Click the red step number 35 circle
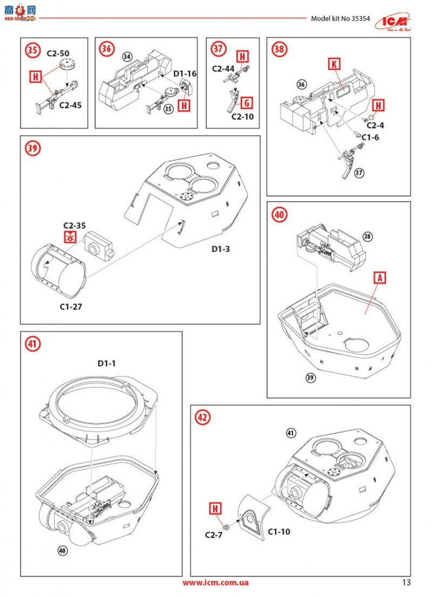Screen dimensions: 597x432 click(x=33, y=50)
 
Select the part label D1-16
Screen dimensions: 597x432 click(x=185, y=73)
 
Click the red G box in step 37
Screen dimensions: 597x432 click(x=246, y=103)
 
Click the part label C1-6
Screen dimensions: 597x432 click(x=370, y=137)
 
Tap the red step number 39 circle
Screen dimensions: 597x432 click(x=33, y=148)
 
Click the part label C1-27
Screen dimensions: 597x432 click(x=71, y=306)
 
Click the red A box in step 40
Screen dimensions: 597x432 click(x=380, y=277)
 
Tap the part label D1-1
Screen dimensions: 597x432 click(x=107, y=363)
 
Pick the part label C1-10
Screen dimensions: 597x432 click(x=279, y=532)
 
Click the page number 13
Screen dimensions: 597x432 click(x=406, y=582)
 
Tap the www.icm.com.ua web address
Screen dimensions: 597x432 click(x=215, y=582)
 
